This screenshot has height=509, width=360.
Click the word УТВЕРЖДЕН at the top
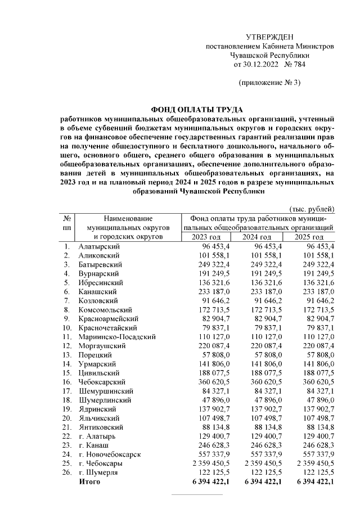[270, 37]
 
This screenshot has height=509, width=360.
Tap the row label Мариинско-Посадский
[115, 337]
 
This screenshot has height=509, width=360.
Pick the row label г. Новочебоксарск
[110, 454]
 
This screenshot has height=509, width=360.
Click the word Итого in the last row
[89, 482]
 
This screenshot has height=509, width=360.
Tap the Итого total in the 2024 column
[260, 482]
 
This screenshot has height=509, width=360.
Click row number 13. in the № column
[67, 355]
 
